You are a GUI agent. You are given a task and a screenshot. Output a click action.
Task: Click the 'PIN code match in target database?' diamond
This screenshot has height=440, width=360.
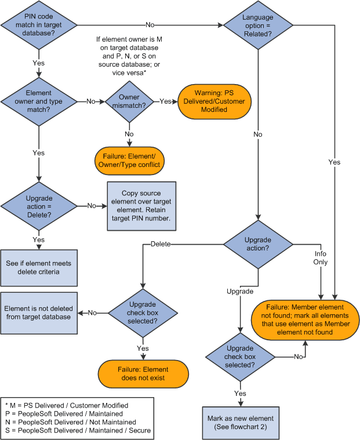click(x=39, y=25)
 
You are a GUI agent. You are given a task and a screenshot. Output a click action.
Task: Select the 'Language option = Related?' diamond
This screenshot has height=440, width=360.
click(x=258, y=25)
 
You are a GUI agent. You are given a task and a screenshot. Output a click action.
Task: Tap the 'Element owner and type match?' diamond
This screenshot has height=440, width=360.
click(x=39, y=101)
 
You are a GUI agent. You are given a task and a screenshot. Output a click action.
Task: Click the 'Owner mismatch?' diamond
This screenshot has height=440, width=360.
click(x=129, y=101)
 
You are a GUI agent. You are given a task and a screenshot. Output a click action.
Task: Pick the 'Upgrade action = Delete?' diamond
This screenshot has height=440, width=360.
click(x=39, y=206)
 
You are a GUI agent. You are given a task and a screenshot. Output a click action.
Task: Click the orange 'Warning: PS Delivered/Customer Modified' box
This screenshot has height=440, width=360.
click(x=214, y=101)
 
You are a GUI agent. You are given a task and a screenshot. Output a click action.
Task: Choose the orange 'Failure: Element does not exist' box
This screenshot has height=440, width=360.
click(x=144, y=373)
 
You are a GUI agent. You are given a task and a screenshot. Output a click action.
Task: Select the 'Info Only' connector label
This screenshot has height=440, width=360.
click(x=321, y=257)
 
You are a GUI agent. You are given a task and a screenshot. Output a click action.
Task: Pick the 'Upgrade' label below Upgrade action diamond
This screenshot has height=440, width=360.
click(x=241, y=290)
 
